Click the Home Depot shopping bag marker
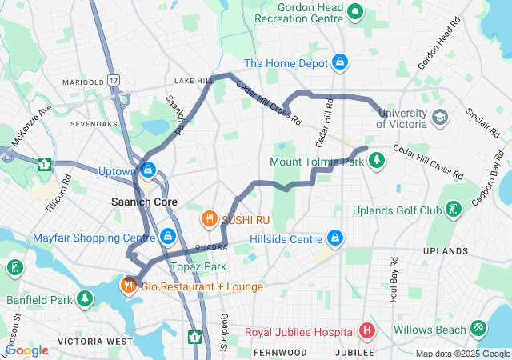tap(340, 62)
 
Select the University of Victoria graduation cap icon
tap(439, 118)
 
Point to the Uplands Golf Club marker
tap(454, 210)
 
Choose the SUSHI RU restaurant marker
tap(209, 218)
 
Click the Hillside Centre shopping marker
tap(334, 238)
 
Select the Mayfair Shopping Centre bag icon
tap(167, 237)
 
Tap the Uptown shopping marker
tap(148, 170)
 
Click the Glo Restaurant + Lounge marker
tap(128, 286)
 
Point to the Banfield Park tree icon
tap(85, 299)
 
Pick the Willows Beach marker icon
tap(478, 327)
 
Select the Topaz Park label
tap(198, 266)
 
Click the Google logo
tap(26, 350)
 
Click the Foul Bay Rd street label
tap(394, 274)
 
